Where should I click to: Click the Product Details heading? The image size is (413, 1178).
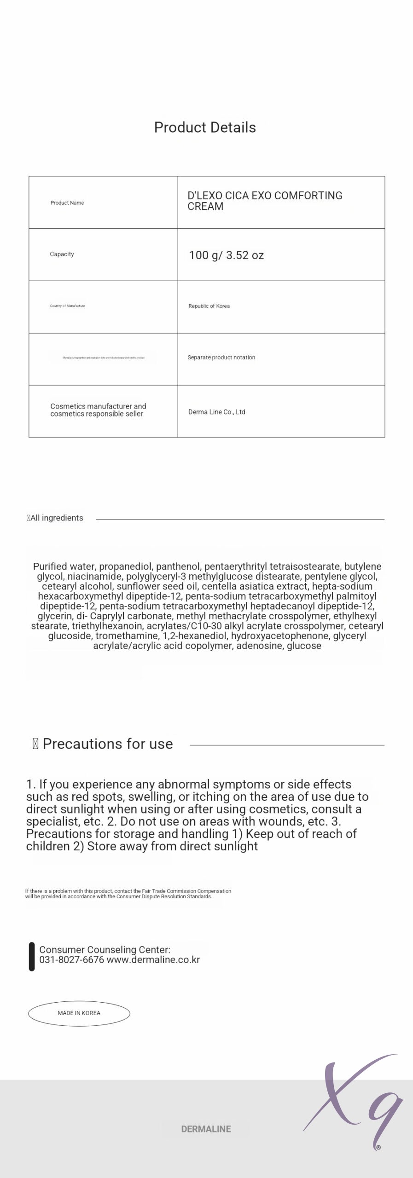click(205, 127)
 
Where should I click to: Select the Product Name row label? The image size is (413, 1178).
click(67, 203)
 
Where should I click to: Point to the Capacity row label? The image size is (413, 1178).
click(62, 254)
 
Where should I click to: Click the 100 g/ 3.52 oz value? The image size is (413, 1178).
click(226, 255)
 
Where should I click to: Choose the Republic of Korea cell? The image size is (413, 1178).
click(209, 306)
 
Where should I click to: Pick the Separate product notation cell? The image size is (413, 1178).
click(221, 358)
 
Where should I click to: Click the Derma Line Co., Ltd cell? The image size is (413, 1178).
click(216, 412)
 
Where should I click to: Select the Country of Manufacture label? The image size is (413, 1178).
click(67, 306)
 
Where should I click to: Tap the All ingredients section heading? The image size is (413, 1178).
click(56, 518)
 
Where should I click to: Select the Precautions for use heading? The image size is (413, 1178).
click(107, 744)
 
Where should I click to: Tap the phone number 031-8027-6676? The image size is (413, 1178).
click(71, 960)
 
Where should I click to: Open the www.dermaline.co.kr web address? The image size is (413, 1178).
click(153, 960)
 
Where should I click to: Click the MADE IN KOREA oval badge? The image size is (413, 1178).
click(79, 1013)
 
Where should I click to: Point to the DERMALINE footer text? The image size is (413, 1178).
click(206, 1129)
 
